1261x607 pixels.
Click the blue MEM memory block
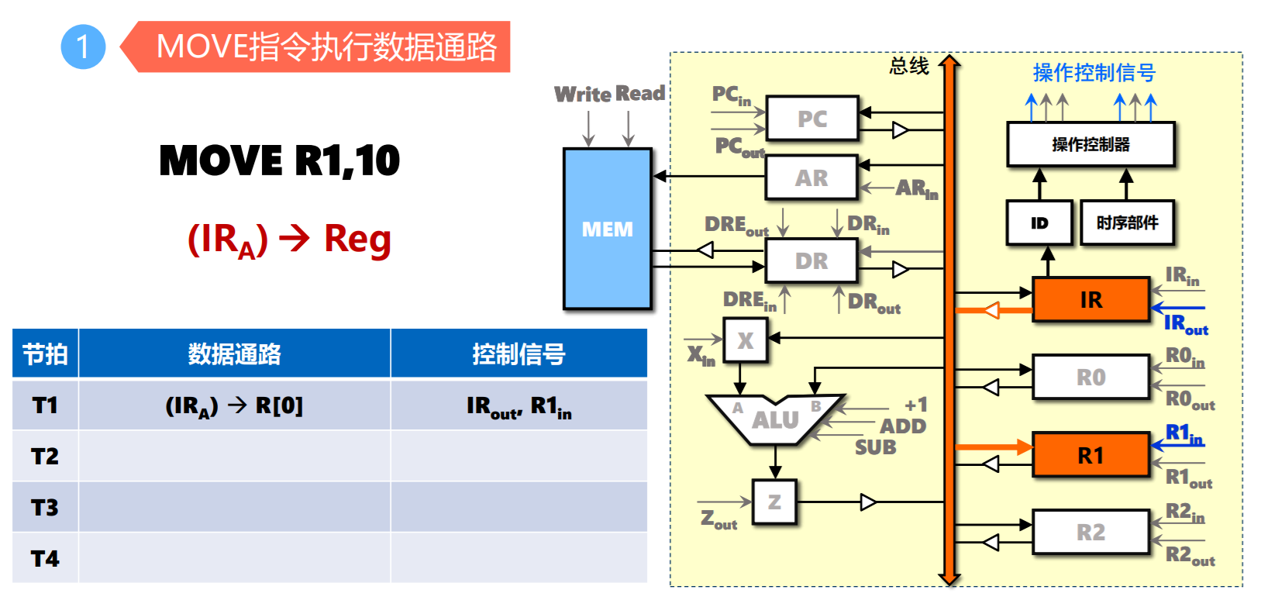coord(607,229)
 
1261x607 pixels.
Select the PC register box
coord(811,119)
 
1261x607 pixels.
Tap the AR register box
coord(811,178)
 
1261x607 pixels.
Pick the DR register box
coord(811,260)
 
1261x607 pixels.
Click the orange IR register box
coord(1090,299)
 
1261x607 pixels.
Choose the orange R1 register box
coord(1090,455)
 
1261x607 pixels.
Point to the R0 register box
coord(1090,377)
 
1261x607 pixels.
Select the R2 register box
coord(1090,532)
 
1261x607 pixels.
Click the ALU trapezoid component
coord(774,419)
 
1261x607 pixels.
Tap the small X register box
coord(745,340)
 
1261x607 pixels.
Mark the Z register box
coord(774,502)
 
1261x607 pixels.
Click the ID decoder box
coord(1039,222)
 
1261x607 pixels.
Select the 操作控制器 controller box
coord(1090,144)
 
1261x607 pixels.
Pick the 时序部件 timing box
coord(1127,222)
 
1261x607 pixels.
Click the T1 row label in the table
coord(45,405)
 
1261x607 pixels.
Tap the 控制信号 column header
coord(519,354)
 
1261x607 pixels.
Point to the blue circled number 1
coord(83,47)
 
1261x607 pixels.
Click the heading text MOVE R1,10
coord(279,160)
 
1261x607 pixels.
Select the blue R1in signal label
coord(1184,434)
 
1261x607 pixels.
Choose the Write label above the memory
coord(583,94)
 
